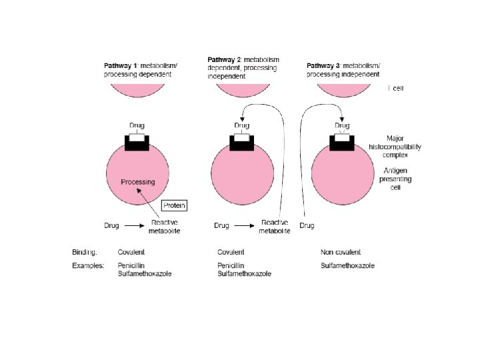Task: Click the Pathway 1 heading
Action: click(x=137, y=70)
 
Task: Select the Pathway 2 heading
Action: click(x=243, y=67)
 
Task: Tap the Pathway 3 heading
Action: click(x=343, y=70)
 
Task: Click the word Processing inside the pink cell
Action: click(x=138, y=182)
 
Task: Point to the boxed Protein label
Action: click(x=175, y=205)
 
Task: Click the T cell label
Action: click(x=395, y=87)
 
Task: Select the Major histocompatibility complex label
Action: click(x=395, y=146)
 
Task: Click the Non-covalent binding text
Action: click(x=341, y=252)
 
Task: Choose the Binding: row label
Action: click(x=85, y=252)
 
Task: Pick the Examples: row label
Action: click(x=88, y=265)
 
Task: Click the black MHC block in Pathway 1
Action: click(x=137, y=143)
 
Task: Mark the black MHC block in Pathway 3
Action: click(x=341, y=143)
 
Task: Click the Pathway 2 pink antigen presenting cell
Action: click(x=241, y=177)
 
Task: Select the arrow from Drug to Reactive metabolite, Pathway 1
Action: click(x=134, y=226)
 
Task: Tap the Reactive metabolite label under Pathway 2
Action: click(x=275, y=226)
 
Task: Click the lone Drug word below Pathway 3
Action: click(x=307, y=226)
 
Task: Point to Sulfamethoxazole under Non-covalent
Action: click(x=347, y=265)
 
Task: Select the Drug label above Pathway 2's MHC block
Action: click(x=241, y=125)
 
